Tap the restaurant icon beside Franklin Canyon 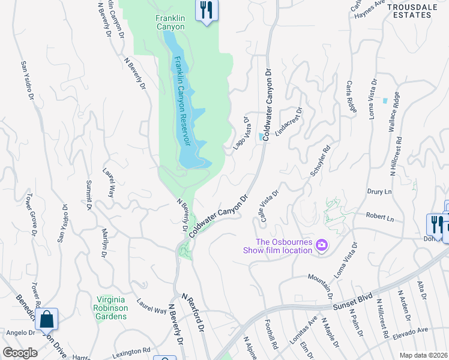pyautogui.click(x=206, y=10)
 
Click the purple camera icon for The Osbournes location pyautogui.click(x=322, y=244)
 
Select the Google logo pyautogui.click(x=20, y=353)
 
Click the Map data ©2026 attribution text pyautogui.click(x=423, y=355)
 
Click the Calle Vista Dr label pyautogui.click(x=268, y=205)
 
